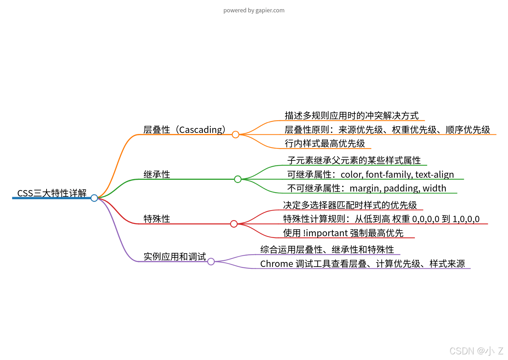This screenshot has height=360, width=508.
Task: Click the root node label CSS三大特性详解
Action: [x=52, y=193]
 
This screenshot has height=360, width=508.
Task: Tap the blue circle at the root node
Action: [x=94, y=198]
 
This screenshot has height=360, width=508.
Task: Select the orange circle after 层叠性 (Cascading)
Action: [x=236, y=134]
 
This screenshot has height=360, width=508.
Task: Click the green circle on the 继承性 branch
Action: [x=238, y=179]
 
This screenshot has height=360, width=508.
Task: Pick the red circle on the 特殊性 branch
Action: [x=234, y=224]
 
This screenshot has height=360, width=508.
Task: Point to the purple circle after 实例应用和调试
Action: [x=211, y=261]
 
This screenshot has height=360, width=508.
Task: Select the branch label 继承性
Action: [x=157, y=174]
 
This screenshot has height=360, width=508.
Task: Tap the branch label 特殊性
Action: [x=157, y=219]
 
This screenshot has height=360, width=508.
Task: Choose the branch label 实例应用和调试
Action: [x=175, y=257]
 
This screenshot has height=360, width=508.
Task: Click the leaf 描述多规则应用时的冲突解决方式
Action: [x=351, y=116]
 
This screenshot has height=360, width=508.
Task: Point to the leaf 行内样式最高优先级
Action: [x=325, y=144]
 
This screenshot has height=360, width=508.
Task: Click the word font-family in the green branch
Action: [x=389, y=175]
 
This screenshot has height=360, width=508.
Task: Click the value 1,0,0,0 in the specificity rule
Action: [x=466, y=219]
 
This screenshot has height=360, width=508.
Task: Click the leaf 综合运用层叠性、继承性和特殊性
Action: [x=327, y=250]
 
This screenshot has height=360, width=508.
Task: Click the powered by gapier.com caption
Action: [x=254, y=10]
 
